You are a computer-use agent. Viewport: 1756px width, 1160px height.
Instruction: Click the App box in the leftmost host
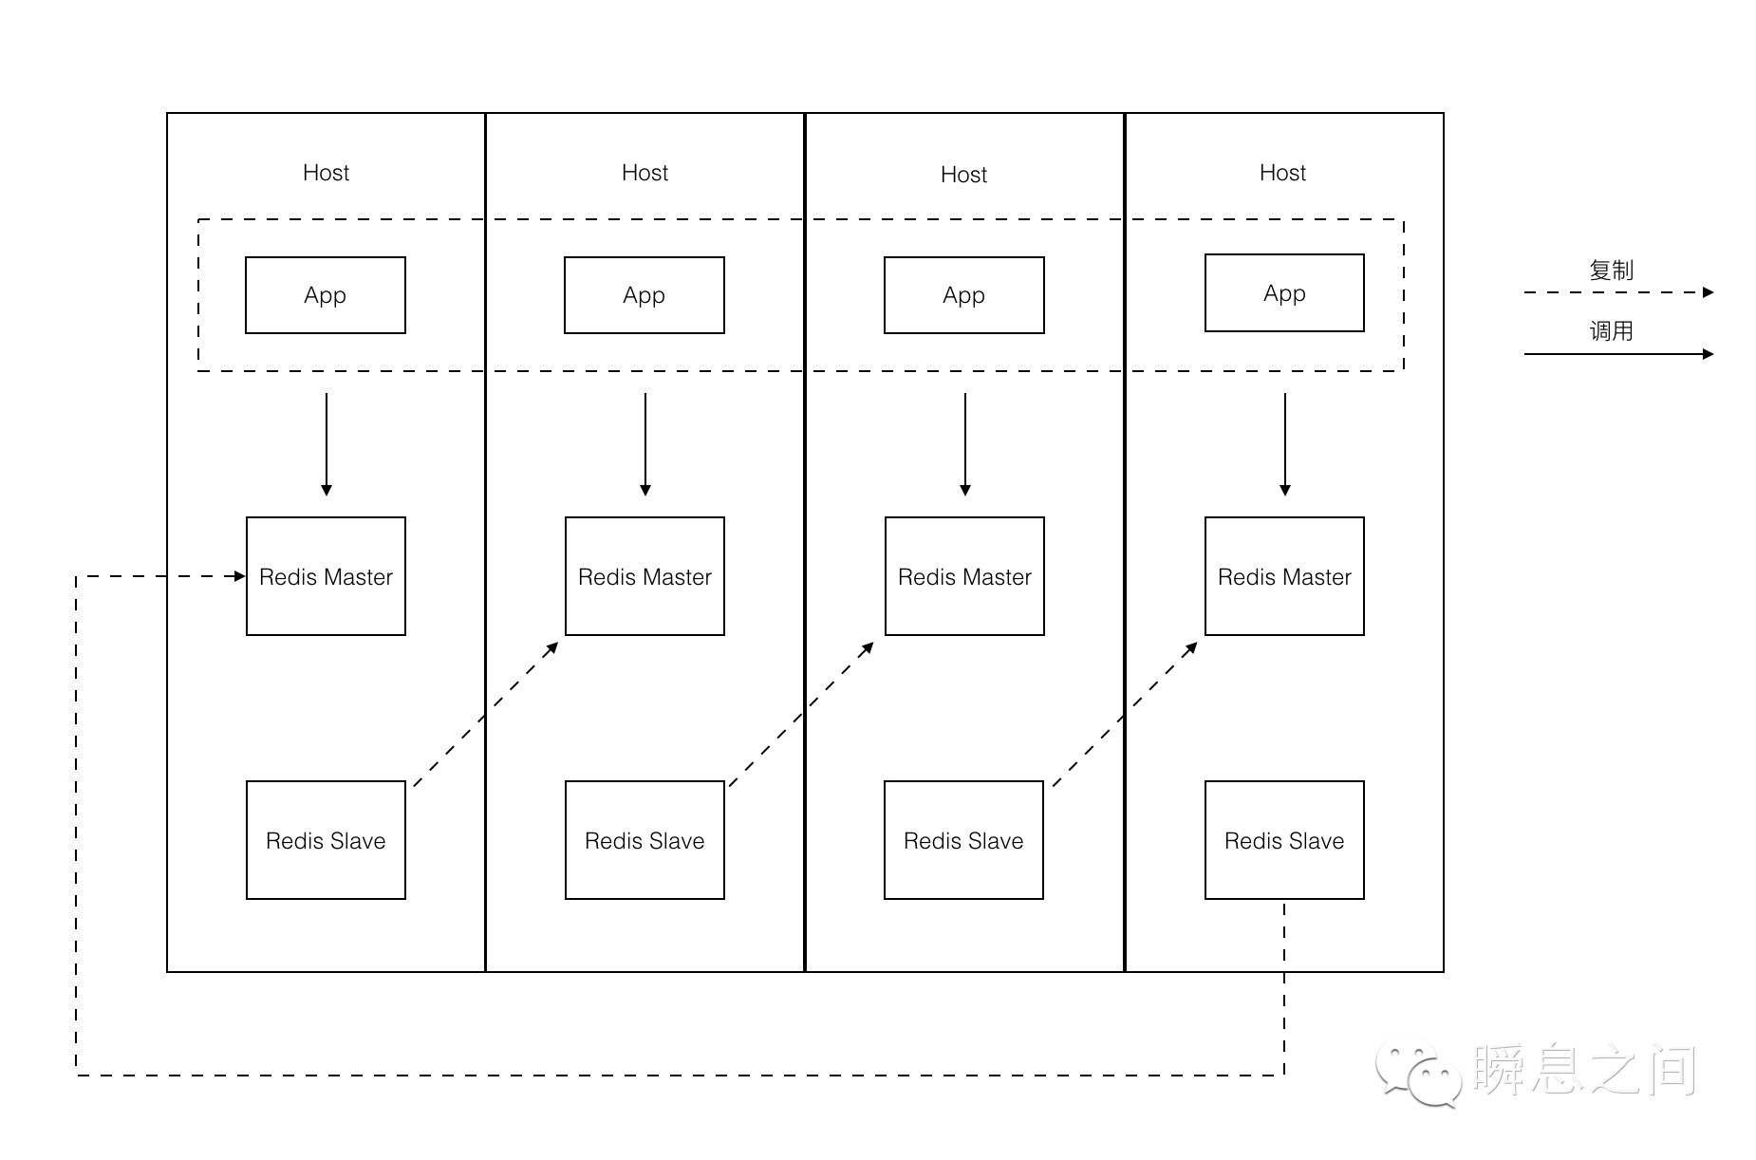pos(326,295)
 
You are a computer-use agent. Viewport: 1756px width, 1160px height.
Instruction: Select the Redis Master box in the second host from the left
pos(645,576)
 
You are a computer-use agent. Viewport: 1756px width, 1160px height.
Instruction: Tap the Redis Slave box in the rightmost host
pos(1284,840)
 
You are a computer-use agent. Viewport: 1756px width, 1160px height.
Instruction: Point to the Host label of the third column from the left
pos(963,175)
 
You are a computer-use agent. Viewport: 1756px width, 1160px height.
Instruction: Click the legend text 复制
pos(1611,271)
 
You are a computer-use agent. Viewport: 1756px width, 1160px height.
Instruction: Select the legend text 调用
pos(1611,331)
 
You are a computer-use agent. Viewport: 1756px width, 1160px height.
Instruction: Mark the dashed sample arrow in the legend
pos(1618,292)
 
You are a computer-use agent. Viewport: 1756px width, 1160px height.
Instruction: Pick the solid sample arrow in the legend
pos(1618,354)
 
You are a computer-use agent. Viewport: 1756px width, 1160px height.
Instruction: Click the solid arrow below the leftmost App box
pos(327,444)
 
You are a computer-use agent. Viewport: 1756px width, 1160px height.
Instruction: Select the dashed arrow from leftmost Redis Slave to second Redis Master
pos(486,714)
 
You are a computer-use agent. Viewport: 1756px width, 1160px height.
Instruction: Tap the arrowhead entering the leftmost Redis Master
pos(240,576)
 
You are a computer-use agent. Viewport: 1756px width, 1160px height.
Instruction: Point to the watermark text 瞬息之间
pos(1585,1070)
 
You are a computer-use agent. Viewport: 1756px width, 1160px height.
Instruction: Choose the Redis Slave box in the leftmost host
pos(326,840)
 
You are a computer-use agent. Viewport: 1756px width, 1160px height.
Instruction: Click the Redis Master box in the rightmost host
pos(1284,576)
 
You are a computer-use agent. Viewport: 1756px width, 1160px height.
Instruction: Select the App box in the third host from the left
pos(964,295)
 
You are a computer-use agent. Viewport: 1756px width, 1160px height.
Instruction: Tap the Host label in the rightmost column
pos(1282,173)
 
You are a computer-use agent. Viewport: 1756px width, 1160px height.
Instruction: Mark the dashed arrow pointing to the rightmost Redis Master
pos(1125,714)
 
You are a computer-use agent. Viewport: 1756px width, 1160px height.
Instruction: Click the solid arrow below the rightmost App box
pos(1285,444)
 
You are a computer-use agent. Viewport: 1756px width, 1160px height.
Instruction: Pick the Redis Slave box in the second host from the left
pos(645,840)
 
